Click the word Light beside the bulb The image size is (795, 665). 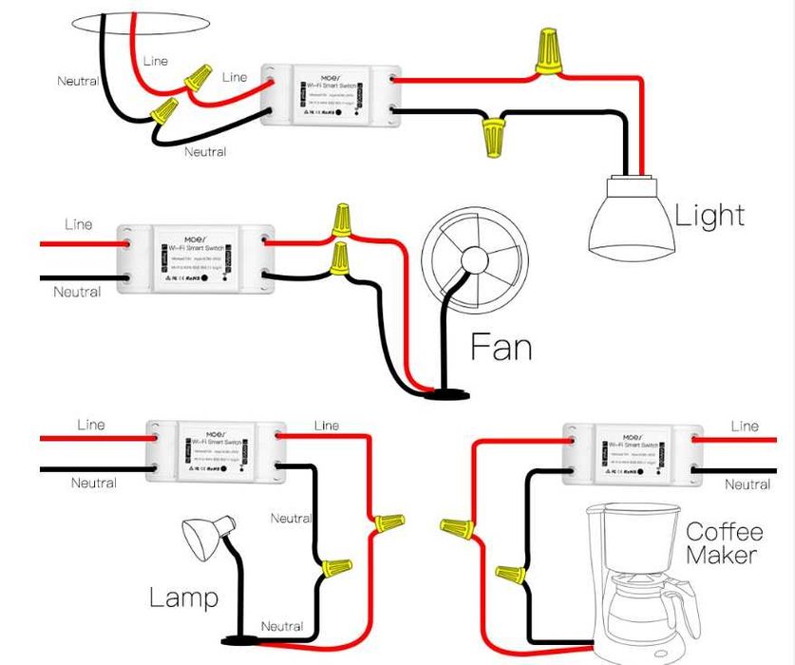pos(710,215)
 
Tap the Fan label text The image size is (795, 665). pos(502,347)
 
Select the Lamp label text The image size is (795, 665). pos(183,598)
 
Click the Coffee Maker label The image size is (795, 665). pos(722,543)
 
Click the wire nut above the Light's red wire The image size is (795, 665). pos(546,51)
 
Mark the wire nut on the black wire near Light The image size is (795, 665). pos(492,138)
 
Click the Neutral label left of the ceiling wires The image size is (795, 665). pos(78,82)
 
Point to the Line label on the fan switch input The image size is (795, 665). pos(79,225)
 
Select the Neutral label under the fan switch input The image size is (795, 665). pos(77,292)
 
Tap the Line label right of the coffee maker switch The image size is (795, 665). pos(745,427)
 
